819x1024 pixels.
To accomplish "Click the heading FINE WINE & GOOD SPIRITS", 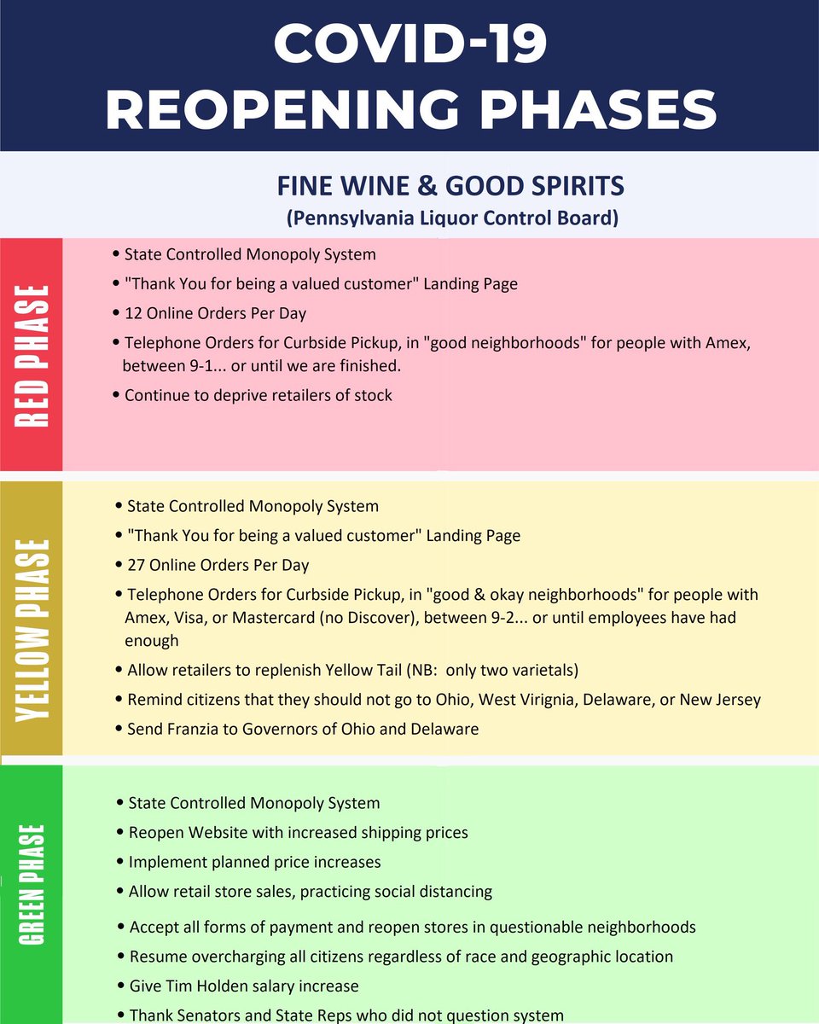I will click(450, 185).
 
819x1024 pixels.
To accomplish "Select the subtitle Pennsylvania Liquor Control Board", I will click(451, 218).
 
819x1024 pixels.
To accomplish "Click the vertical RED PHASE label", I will click(31, 354).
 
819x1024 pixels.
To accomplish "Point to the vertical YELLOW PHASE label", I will click(31, 618).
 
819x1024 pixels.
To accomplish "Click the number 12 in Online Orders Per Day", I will click(133, 313).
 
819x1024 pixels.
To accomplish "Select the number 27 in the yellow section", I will click(136, 565).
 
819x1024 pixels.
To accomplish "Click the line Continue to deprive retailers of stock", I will click(258, 395).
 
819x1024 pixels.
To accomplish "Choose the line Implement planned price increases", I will click(254, 862).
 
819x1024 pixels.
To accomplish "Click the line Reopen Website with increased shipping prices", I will click(298, 832).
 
